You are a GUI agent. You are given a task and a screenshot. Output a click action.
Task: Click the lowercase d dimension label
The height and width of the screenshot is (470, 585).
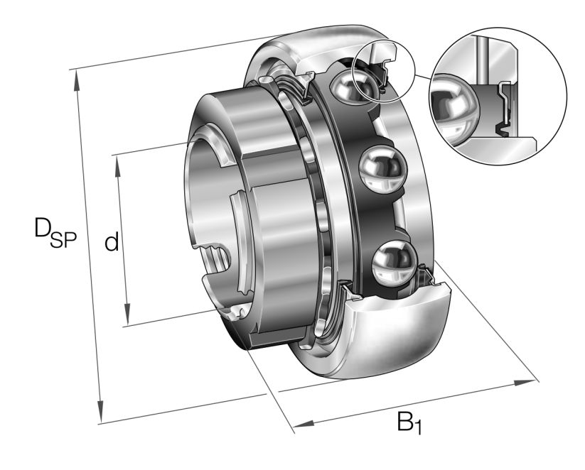[x=111, y=243]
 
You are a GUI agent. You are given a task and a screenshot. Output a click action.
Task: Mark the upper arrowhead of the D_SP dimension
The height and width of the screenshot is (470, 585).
[x=77, y=79]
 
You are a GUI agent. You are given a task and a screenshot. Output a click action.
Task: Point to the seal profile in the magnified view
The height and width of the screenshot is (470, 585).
[x=506, y=106]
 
